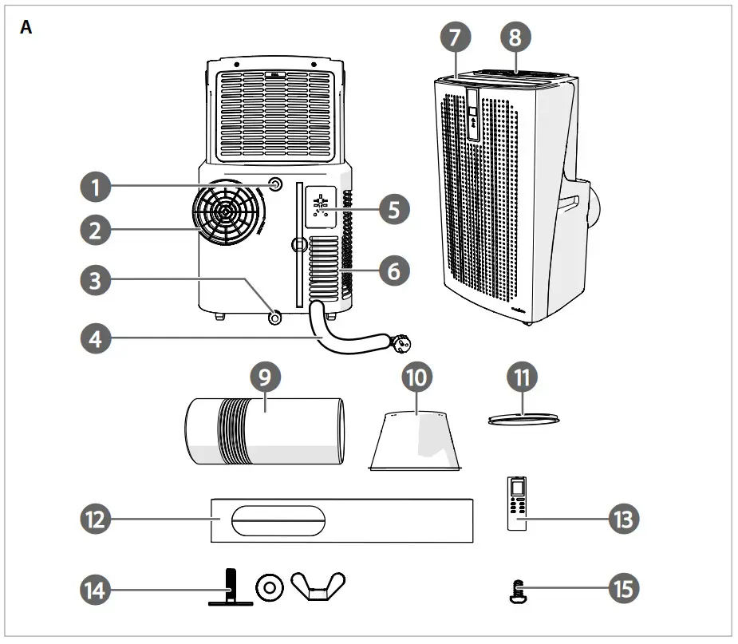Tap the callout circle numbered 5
coord(394,210)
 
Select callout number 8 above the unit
coord(515,36)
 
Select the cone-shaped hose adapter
coord(417,440)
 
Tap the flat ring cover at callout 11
coord(521,418)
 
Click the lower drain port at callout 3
coord(275,317)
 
